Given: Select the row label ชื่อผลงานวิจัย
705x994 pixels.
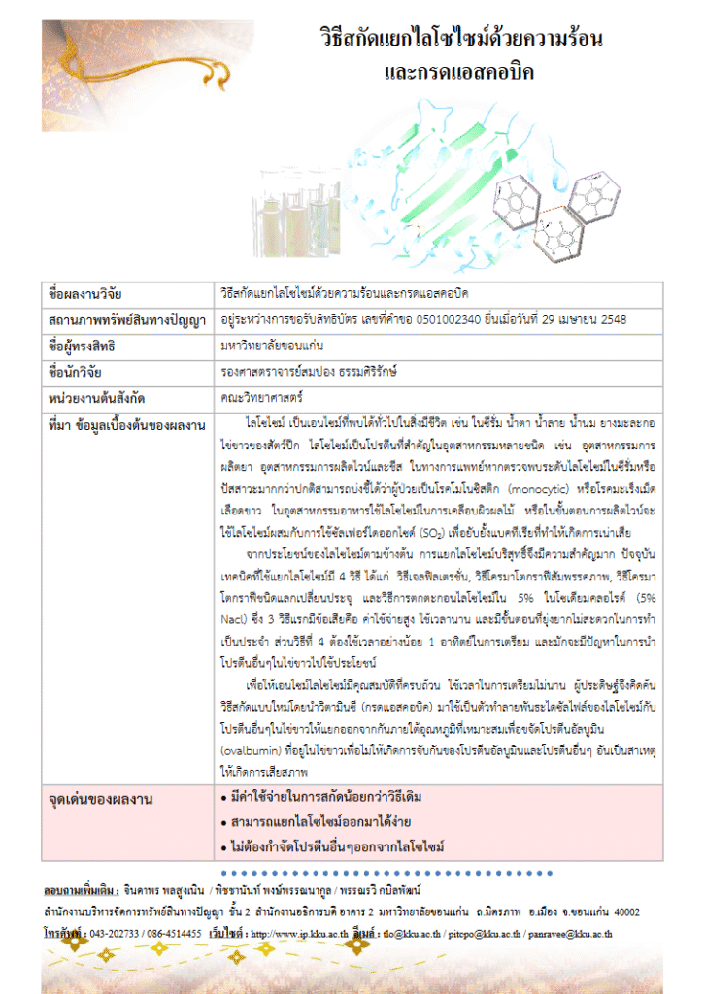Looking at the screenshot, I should pos(85,294).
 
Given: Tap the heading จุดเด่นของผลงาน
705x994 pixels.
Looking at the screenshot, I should pos(100,799).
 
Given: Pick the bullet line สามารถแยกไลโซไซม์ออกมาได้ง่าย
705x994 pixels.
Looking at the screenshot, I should pos(310,822).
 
